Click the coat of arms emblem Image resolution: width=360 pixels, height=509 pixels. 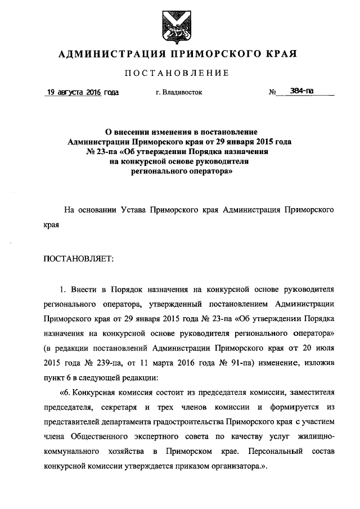pyautogui.click(x=178, y=25)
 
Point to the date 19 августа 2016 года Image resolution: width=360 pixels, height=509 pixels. pyautogui.click(x=82, y=92)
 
